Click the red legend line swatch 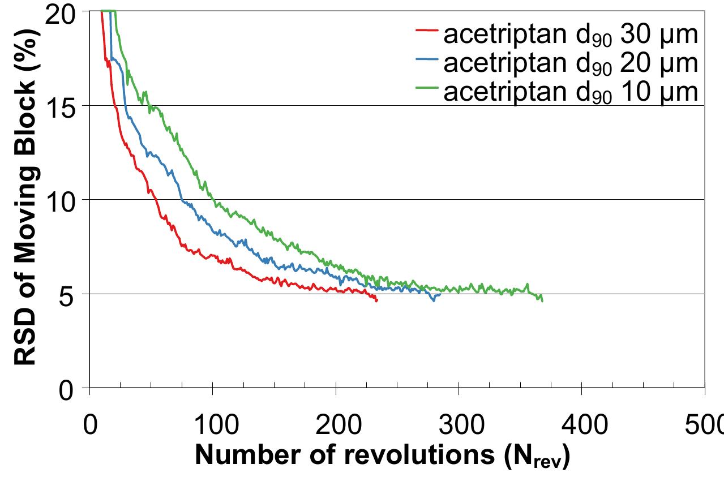[426, 29]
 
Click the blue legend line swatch [426, 58]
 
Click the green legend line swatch [426, 86]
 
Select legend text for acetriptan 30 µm [571, 35]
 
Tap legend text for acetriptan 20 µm [571, 63]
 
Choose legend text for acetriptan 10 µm [571, 92]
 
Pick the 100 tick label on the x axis [213, 423]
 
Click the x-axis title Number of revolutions [383, 455]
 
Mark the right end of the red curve [376, 300]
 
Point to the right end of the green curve [542, 300]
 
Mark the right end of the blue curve [440, 294]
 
